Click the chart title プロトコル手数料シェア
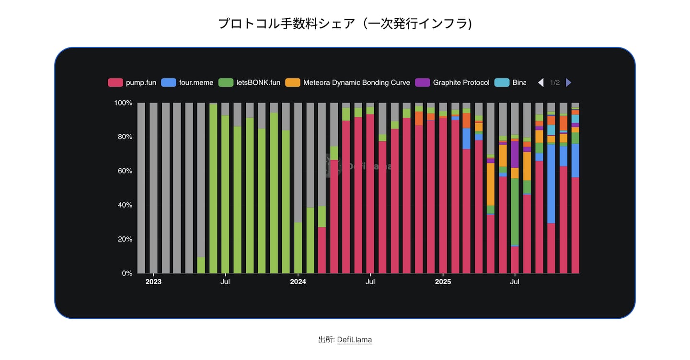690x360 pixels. (345, 23)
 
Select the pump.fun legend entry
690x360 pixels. (132, 82)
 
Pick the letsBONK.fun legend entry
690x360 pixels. (250, 82)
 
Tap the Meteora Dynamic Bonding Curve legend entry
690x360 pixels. (348, 82)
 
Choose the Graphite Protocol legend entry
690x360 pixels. (453, 82)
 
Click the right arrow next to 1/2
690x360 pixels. (569, 82)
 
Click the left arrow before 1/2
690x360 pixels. (540, 82)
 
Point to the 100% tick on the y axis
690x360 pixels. (123, 103)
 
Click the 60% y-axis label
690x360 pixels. (125, 171)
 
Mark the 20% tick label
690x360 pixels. (125, 239)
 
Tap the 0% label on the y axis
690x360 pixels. (126, 273)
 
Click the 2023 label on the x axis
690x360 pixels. (153, 282)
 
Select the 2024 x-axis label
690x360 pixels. (298, 282)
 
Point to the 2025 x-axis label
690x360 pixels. (443, 282)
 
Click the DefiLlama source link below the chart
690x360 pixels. (354, 339)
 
